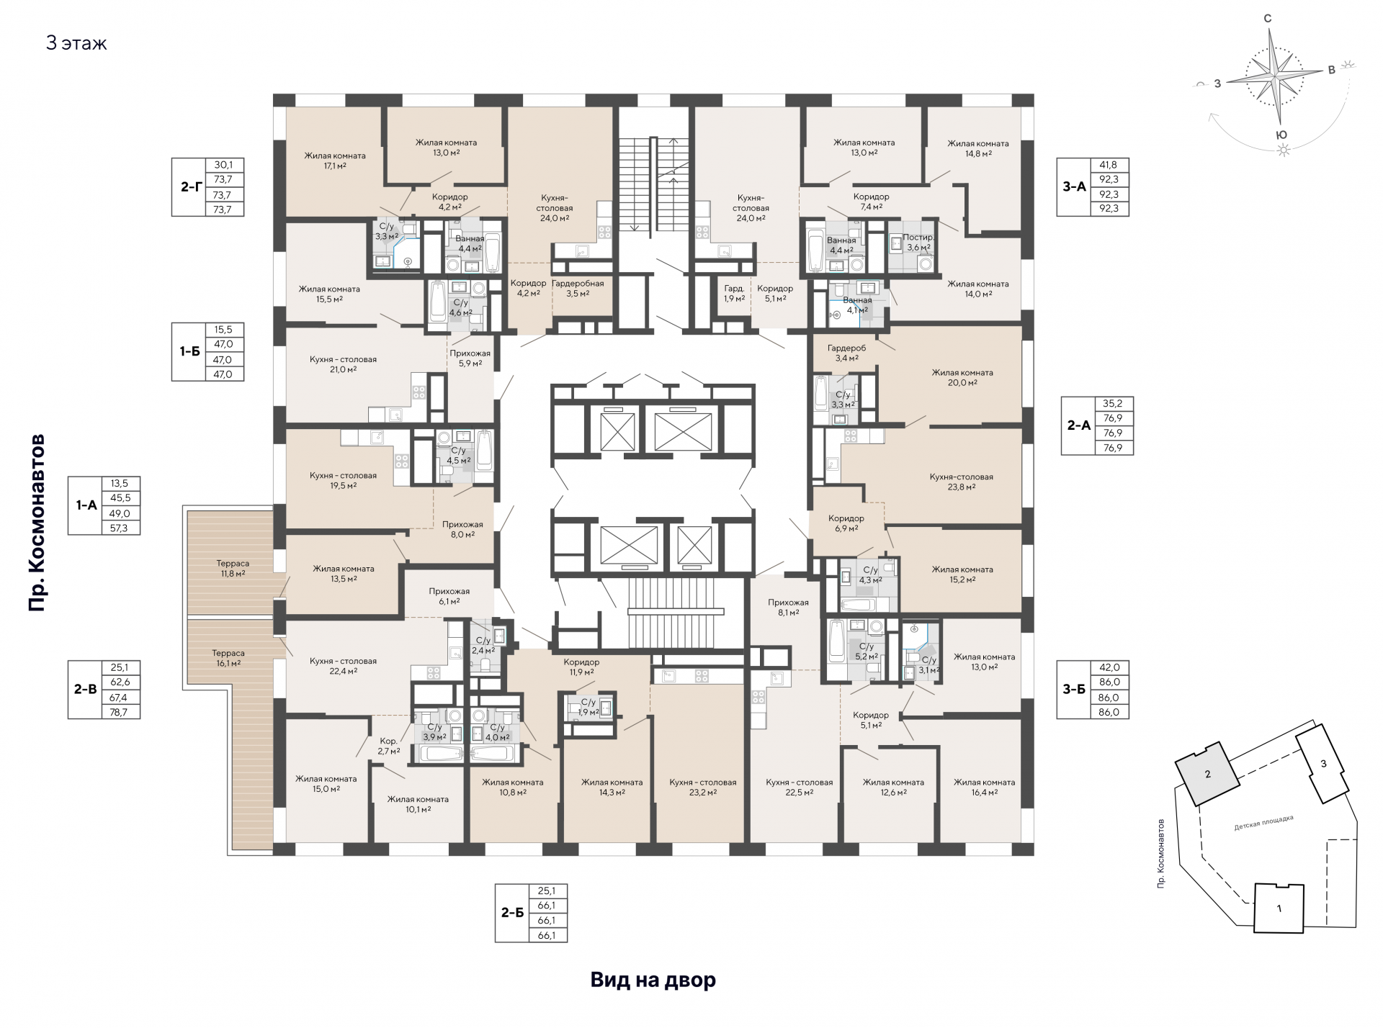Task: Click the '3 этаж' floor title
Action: coord(76,43)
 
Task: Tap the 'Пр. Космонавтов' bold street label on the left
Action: coord(37,523)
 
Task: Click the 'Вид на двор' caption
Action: coord(653,980)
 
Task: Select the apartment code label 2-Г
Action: coord(191,186)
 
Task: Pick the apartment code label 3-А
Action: coord(1074,186)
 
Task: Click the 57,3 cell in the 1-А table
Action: coord(120,528)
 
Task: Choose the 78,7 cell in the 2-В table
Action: coord(120,712)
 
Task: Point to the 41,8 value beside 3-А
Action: coord(1109,165)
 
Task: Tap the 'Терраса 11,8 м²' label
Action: coord(233,569)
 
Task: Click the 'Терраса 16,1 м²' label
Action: coord(228,658)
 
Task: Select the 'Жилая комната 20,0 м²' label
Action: coord(962,377)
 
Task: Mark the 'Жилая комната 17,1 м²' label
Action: coord(335,161)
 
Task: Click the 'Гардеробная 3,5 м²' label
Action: coord(578,288)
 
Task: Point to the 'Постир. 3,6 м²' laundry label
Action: coord(918,242)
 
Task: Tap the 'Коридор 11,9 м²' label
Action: coord(581,667)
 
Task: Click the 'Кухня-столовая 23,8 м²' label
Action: coord(962,482)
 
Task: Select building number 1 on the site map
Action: coord(1279,908)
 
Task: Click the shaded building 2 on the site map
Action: coord(1208,774)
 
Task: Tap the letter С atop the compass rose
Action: coord(1268,19)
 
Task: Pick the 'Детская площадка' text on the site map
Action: coord(1263,823)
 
